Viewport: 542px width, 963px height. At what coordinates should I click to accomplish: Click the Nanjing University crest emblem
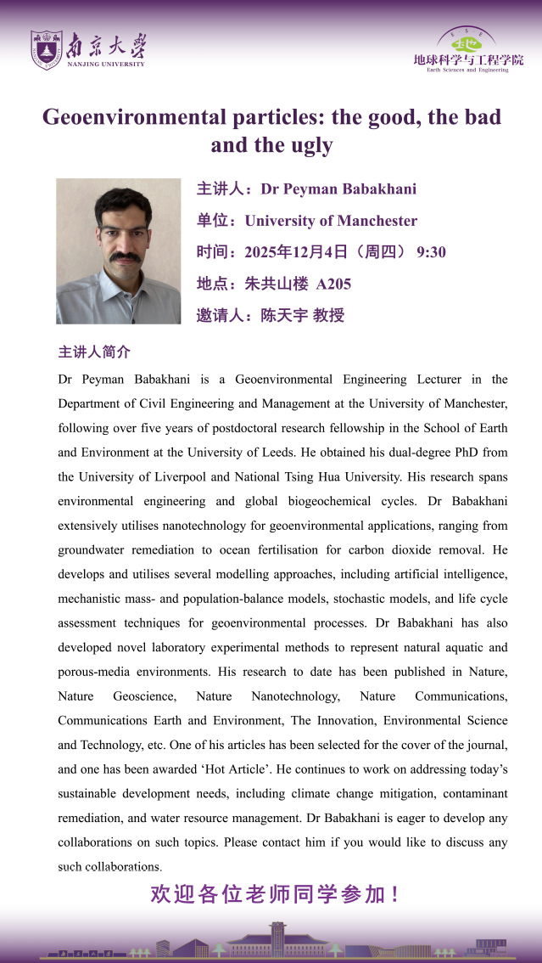pos(46,50)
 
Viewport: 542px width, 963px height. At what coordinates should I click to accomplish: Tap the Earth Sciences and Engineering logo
pos(468,49)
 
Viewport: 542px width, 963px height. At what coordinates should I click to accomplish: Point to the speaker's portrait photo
pos(119,251)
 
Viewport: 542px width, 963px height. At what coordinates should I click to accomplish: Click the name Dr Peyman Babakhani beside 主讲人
pos(338,189)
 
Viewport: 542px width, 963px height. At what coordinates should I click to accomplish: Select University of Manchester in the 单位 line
pos(331,221)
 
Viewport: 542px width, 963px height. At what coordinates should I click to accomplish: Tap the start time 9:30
pos(431,252)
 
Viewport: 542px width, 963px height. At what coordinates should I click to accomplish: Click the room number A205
pos(333,284)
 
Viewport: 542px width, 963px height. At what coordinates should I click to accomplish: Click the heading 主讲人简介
pos(94,352)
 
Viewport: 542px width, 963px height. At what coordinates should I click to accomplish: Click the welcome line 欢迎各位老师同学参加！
pos(274,894)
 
